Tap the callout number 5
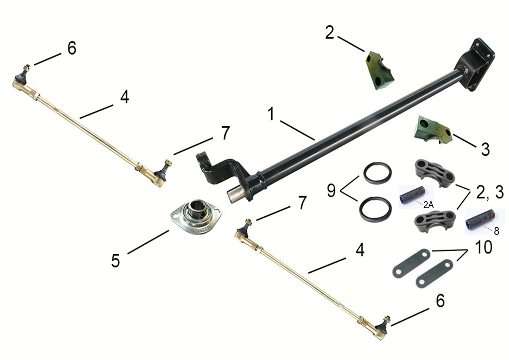pos(116,261)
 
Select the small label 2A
pos(428,206)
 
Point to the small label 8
pos(497,231)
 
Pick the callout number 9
pos(331,191)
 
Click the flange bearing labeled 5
pos(196,218)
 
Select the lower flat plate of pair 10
pos(434,274)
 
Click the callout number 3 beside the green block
pos(485,149)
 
